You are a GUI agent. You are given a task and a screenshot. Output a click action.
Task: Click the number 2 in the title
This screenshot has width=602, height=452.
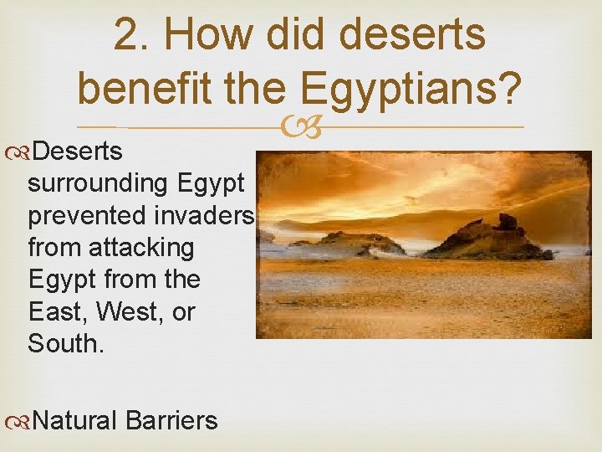(x=126, y=35)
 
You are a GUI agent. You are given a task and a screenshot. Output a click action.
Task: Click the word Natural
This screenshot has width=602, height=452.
(x=77, y=419)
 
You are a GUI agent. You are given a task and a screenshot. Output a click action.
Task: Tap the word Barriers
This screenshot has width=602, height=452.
(x=172, y=419)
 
